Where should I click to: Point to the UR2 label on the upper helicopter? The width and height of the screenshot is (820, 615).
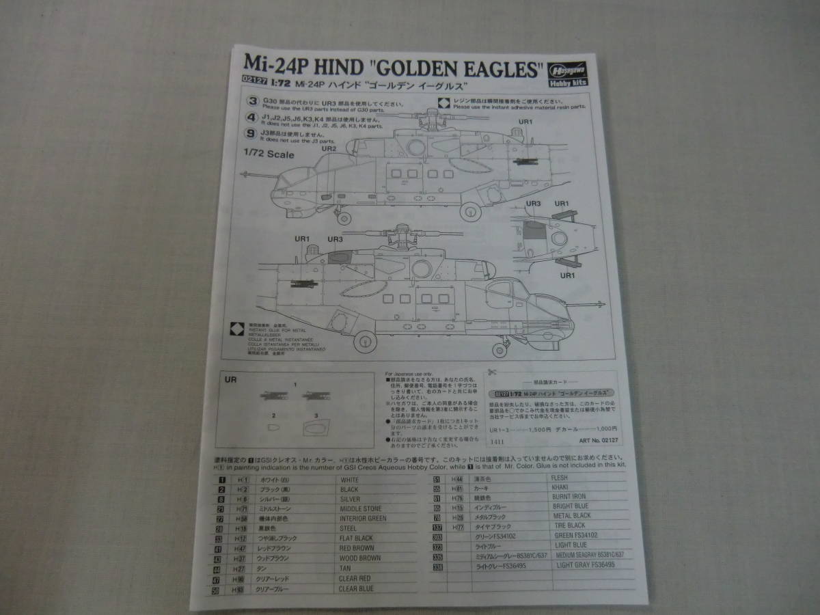click(x=329, y=148)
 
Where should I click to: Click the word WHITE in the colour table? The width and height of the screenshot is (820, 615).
click(x=349, y=480)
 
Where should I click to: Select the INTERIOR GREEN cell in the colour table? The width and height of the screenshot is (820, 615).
click(x=363, y=519)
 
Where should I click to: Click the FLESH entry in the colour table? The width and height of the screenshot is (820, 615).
click(x=560, y=478)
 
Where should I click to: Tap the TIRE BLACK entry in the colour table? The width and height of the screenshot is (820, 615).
click(x=569, y=525)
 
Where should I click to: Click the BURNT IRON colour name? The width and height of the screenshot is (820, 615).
click(x=569, y=497)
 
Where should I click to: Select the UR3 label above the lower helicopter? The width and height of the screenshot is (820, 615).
click(x=335, y=239)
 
